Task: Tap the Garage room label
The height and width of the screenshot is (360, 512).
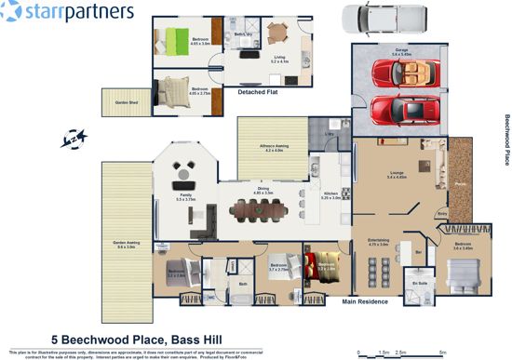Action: click(x=402, y=53)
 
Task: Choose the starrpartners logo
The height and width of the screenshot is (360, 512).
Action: click(x=69, y=12)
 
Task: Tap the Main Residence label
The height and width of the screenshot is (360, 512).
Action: click(x=366, y=301)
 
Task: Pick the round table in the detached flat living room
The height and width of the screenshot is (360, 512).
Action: click(x=278, y=33)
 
